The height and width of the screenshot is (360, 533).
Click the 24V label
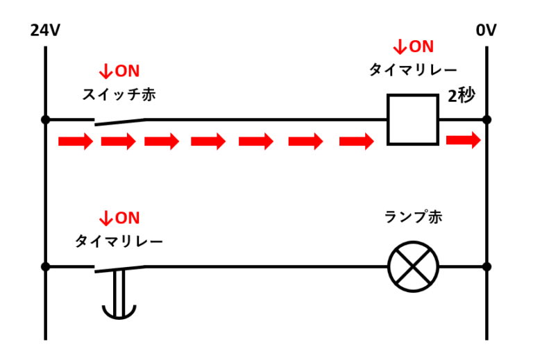point(46,31)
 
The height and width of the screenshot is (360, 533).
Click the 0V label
point(487,31)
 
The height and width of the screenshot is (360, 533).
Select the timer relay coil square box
point(412,119)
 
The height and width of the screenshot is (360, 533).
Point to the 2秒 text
point(462,96)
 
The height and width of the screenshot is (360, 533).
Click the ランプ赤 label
point(413,216)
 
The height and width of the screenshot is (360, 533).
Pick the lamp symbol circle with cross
point(413,267)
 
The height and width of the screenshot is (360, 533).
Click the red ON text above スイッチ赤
point(119,71)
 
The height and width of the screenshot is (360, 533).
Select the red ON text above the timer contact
point(119,218)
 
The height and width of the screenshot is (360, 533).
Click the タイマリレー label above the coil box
point(413,71)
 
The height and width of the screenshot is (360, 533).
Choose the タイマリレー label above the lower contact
point(119,241)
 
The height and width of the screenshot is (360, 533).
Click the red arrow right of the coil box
point(463,141)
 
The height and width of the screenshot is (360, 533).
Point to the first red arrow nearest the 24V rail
point(75,142)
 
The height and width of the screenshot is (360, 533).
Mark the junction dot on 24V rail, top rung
point(46,119)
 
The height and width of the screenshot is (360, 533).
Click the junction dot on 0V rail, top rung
point(487,119)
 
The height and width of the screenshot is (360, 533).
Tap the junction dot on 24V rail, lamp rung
point(46,266)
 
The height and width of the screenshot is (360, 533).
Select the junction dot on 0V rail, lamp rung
point(487,266)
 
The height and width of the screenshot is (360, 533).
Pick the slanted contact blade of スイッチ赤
point(119,122)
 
